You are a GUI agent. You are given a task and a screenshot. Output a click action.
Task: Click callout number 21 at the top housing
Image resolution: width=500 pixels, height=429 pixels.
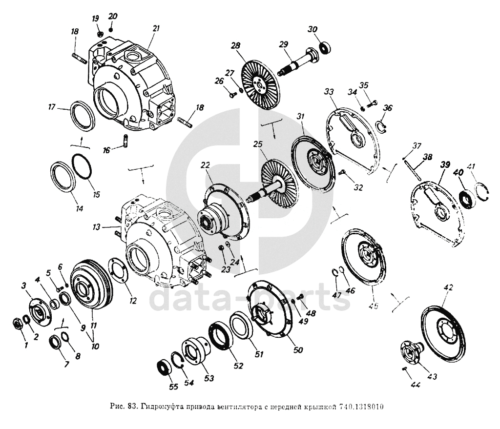[156, 29]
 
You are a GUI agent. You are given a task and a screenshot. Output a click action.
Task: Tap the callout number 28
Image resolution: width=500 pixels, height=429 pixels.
[236, 45]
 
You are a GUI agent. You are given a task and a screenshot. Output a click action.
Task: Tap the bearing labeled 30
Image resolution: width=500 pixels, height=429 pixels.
[326, 47]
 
